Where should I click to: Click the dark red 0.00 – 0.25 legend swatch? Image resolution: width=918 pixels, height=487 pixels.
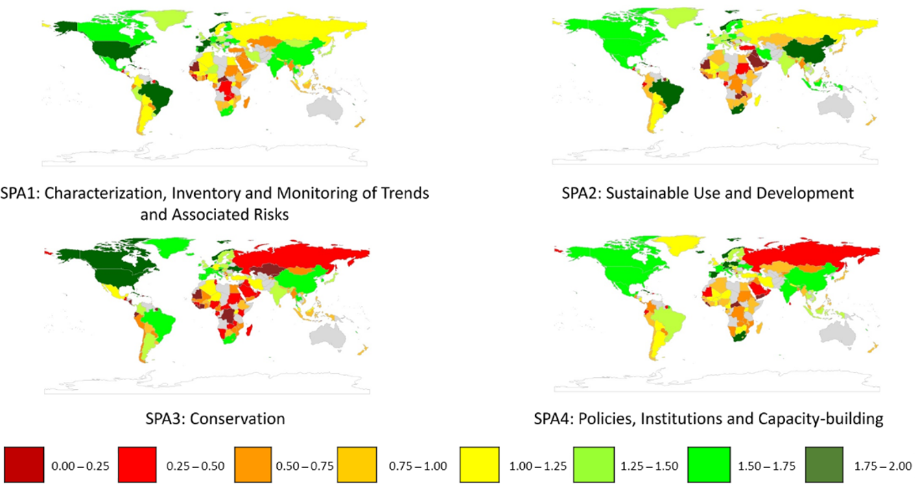(25, 466)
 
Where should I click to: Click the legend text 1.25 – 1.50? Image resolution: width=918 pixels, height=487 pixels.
(650, 466)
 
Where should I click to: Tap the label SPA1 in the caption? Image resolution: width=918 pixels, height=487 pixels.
(19, 193)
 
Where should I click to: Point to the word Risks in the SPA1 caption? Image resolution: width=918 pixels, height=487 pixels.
(270, 214)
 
